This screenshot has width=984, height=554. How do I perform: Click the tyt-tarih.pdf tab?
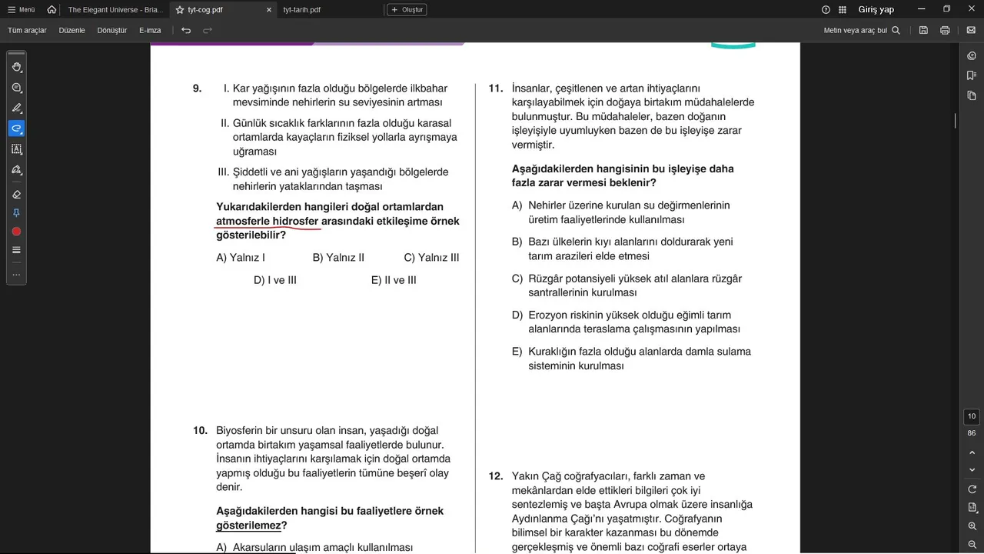point(301,10)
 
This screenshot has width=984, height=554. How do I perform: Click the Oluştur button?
point(407,10)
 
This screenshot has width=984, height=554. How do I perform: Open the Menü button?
point(21,10)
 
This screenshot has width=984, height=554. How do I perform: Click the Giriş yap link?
point(876,10)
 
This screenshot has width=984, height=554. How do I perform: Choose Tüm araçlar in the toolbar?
point(27,31)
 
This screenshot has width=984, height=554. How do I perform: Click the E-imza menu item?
point(150,31)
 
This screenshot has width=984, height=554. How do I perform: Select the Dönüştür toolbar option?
point(112,31)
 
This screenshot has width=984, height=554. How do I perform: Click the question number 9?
point(197,88)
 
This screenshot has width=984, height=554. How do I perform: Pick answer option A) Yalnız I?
point(241,258)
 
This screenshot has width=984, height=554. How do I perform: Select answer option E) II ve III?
point(394,280)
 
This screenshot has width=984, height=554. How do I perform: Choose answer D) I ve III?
point(275,280)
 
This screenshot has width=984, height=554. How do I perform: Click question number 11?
point(496,88)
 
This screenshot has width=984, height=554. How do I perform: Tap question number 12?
point(496,476)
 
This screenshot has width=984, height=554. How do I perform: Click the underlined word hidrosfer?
point(295,222)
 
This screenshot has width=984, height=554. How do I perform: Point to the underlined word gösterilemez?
point(248,526)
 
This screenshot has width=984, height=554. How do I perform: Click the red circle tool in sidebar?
point(16,232)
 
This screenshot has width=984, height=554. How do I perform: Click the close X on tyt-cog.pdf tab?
point(269,10)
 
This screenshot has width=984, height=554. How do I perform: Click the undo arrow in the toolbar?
point(186,31)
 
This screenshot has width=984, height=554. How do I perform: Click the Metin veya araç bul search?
point(861,31)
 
